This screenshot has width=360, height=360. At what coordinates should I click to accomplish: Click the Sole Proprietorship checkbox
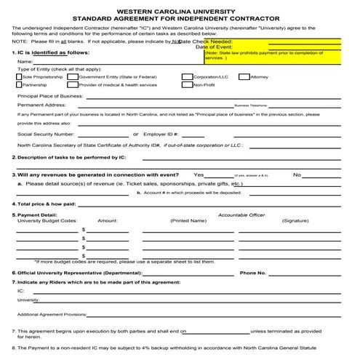click(18, 76)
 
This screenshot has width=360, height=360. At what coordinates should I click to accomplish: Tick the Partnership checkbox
click(18, 85)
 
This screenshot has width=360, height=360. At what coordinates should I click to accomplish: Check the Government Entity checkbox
click(74, 76)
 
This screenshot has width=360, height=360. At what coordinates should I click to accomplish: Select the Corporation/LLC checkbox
click(187, 76)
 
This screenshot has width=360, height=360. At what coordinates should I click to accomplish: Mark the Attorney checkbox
click(244, 76)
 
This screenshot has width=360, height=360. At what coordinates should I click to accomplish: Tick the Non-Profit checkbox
click(187, 85)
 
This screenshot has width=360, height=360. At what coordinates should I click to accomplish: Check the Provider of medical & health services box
click(74, 85)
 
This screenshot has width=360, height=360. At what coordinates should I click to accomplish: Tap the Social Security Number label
click(45, 134)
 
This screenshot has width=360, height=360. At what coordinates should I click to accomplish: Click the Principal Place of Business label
click(49, 95)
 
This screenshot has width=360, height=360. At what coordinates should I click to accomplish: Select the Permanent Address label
click(41, 105)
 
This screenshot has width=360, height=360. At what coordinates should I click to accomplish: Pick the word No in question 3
click(297, 175)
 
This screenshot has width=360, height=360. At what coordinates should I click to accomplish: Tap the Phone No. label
click(252, 273)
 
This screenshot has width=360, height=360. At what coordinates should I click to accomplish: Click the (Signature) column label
click(295, 220)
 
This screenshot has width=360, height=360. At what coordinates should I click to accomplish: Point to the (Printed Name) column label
click(188, 220)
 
